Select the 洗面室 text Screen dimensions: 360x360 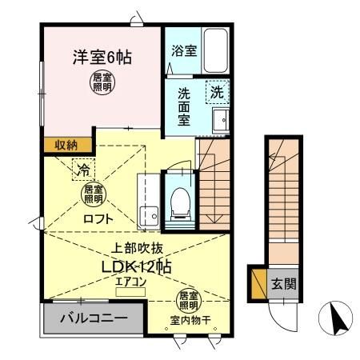(183, 105)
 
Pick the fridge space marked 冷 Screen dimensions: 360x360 (83, 168)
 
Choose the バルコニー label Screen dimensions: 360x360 (94, 318)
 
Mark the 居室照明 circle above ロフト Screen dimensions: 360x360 (92, 192)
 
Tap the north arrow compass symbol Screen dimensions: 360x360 (334, 322)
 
